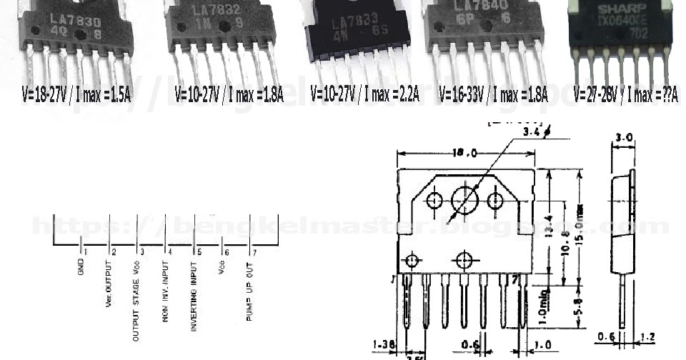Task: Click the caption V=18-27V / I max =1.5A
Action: [x=76, y=94]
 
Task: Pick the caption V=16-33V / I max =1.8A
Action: [x=492, y=94]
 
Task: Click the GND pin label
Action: [x=80, y=269]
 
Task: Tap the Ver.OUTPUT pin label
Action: [x=110, y=283]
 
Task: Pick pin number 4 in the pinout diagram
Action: [x=170, y=252]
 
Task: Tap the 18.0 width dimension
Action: [x=465, y=152]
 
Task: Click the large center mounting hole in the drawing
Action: [x=464, y=200]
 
